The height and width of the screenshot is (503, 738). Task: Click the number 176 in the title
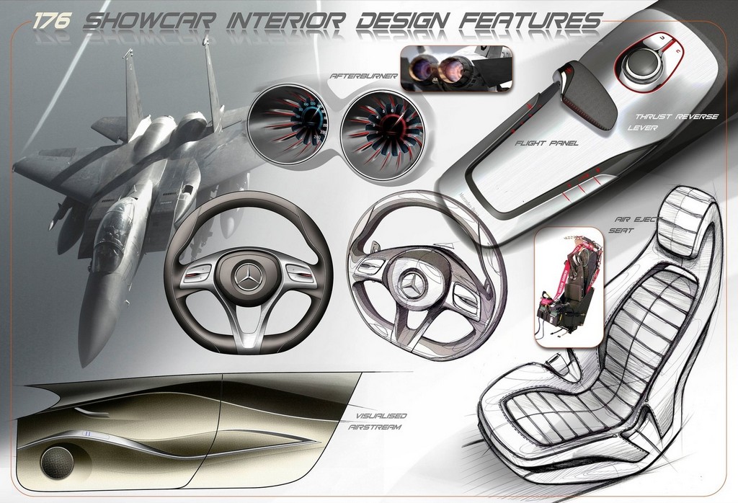[52, 21]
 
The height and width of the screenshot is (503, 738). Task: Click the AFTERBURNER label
[364, 76]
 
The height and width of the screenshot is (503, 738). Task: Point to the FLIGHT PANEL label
[546, 143]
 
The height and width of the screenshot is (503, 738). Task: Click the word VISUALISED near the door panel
[381, 416]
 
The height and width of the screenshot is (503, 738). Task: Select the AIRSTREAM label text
[375, 427]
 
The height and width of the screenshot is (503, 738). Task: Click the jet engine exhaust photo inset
[455, 68]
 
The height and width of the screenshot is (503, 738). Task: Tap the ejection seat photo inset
[569, 288]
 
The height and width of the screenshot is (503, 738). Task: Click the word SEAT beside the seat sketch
[621, 231]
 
